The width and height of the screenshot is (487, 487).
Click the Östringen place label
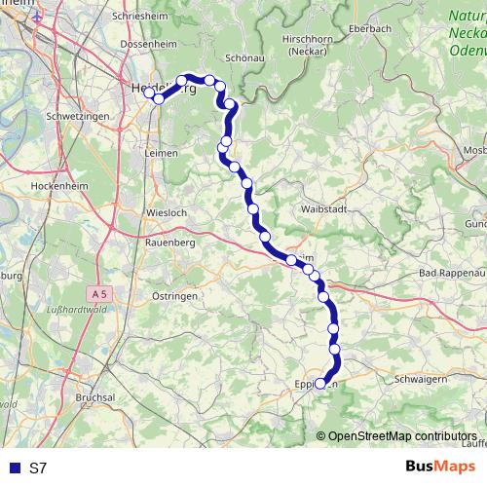175,295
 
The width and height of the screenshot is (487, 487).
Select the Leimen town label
161,153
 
